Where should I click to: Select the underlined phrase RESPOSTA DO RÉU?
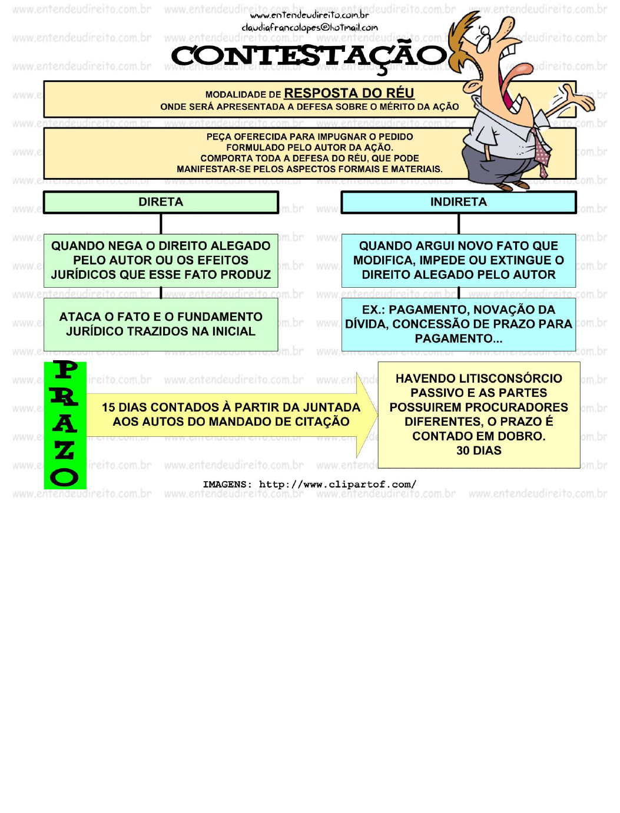click(349, 93)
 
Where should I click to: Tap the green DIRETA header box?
click(161, 202)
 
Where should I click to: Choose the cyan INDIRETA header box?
click(458, 202)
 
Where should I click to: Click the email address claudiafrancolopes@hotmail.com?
click(310, 27)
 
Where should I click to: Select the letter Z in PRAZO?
click(65, 450)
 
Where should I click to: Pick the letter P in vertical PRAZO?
click(65, 370)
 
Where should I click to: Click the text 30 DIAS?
click(479, 450)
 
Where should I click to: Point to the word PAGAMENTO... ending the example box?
click(458, 338)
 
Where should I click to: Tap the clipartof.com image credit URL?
click(337, 485)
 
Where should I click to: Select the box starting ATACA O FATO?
click(161, 324)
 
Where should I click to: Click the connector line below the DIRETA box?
click(161, 224)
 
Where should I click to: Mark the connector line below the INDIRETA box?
click(459, 224)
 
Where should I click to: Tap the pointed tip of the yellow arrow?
click(375, 414)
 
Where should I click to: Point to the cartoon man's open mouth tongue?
click(515, 74)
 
